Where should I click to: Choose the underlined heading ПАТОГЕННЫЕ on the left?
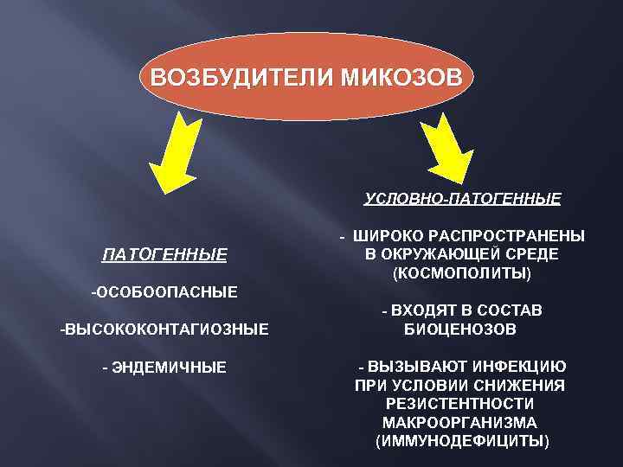164,254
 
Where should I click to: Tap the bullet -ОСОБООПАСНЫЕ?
164,291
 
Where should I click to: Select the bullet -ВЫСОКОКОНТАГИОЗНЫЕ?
164,329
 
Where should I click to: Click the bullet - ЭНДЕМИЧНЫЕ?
164,368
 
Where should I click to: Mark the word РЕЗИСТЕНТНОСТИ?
459,404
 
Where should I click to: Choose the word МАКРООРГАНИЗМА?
459,423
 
